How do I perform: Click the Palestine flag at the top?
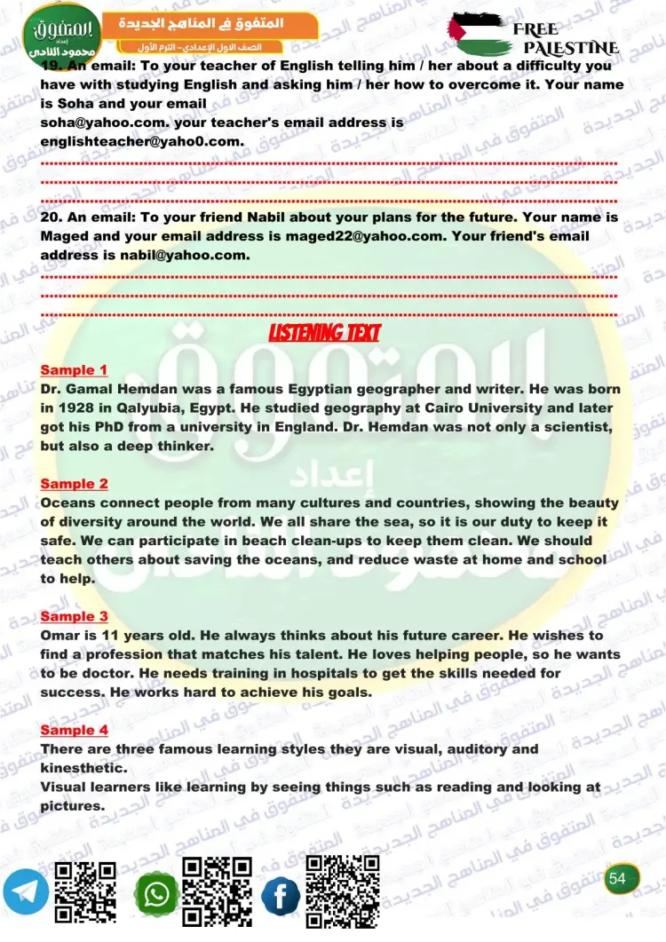(480, 35)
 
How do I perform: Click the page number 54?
(618, 878)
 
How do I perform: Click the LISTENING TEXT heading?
(324, 333)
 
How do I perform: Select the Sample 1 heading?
(74, 370)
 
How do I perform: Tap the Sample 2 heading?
(74, 484)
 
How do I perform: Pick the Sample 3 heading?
(74, 616)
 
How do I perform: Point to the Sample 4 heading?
(74, 730)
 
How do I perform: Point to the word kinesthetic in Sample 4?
(83, 768)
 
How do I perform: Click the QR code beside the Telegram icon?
(86, 893)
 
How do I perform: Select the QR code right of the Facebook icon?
(343, 891)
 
